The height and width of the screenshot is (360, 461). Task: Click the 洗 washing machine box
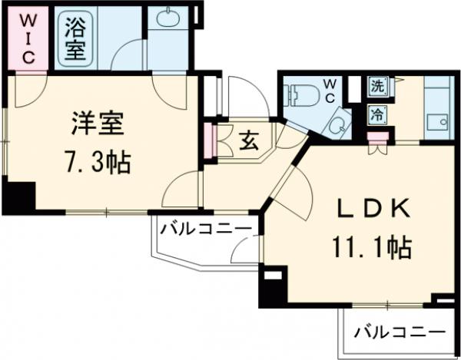pyautogui.click(x=377, y=86)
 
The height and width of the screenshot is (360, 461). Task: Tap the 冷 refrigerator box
pyautogui.click(x=377, y=116)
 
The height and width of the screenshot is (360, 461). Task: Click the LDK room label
pyautogui.click(x=370, y=207)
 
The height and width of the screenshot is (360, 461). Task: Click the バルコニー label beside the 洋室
pyautogui.click(x=205, y=227)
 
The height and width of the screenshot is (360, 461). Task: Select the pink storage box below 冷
pyautogui.click(x=377, y=138)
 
